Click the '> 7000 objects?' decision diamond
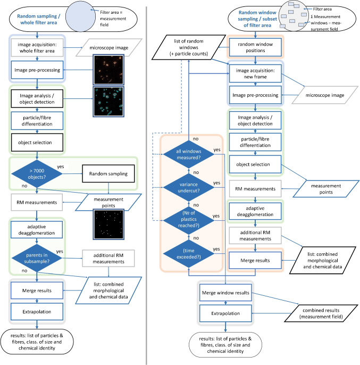click(x=35, y=172)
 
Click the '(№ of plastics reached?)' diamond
click(x=192, y=217)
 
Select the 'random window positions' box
click(x=255, y=46)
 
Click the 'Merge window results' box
click(x=225, y=293)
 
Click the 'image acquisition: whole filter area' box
click(x=35, y=47)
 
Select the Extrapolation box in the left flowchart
click(x=35, y=310)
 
